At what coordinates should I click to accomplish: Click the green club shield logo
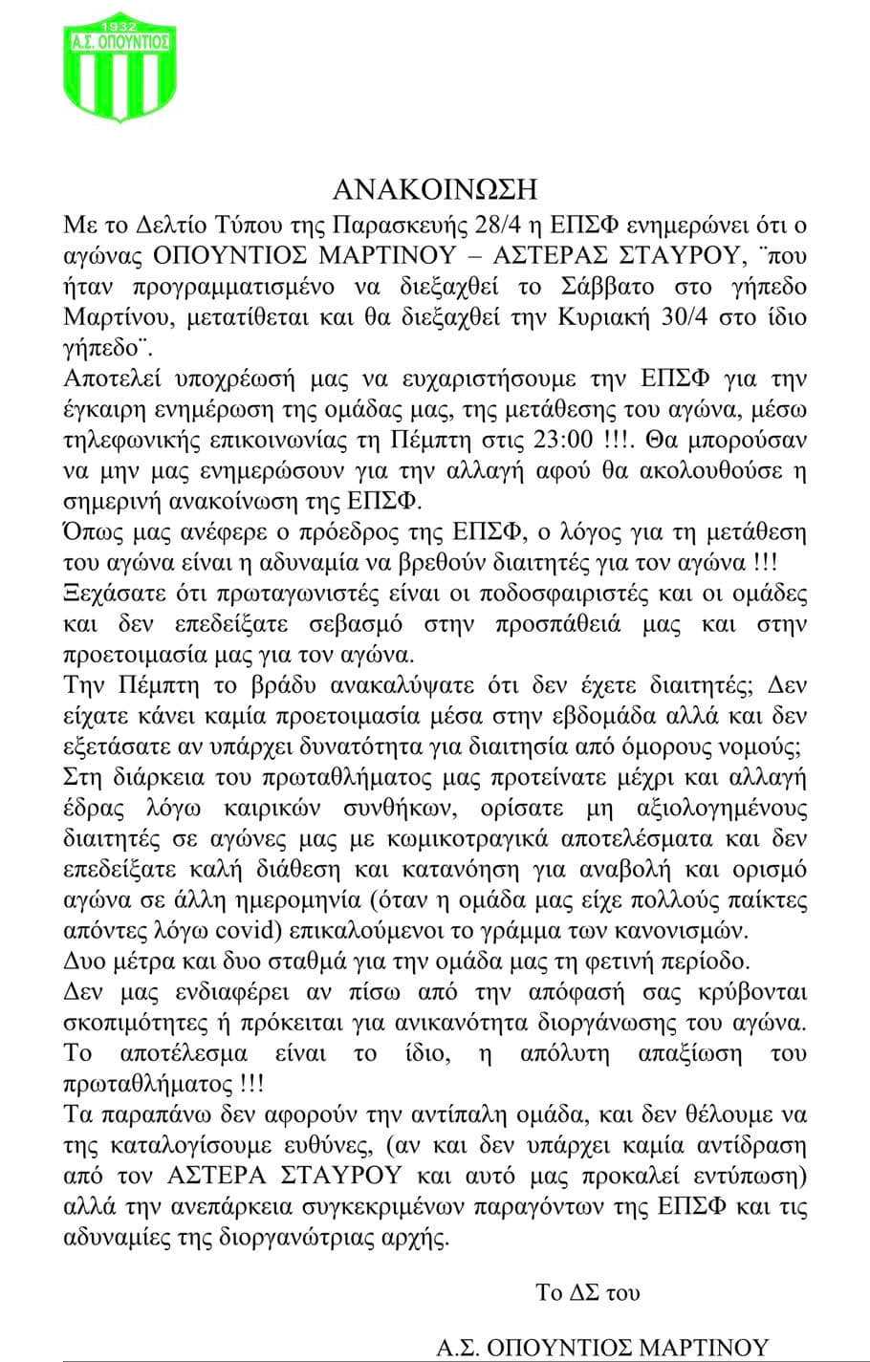click(120, 67)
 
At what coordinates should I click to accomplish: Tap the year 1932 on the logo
click(120, 21)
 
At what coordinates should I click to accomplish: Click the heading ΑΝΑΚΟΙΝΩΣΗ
click(435, 189)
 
